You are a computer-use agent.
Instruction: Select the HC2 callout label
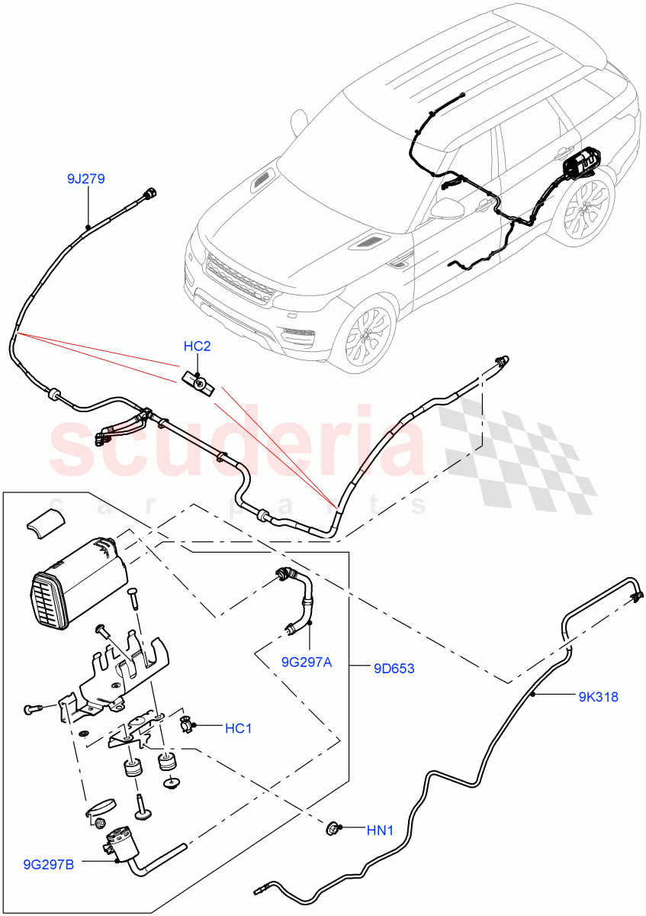tap(197, 347)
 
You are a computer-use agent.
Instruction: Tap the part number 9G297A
tap(305, 662)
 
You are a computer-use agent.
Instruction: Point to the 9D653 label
tap(394, 669)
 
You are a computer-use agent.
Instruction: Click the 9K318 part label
tap(597, 696)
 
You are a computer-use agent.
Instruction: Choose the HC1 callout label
tap(238, 728)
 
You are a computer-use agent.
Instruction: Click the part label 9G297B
tap(50, 864)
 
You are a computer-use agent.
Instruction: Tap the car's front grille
tap(238, 279)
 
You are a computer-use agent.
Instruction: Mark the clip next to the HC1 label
tap(185, 724)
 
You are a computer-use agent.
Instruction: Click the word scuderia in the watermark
tap(236, 447)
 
